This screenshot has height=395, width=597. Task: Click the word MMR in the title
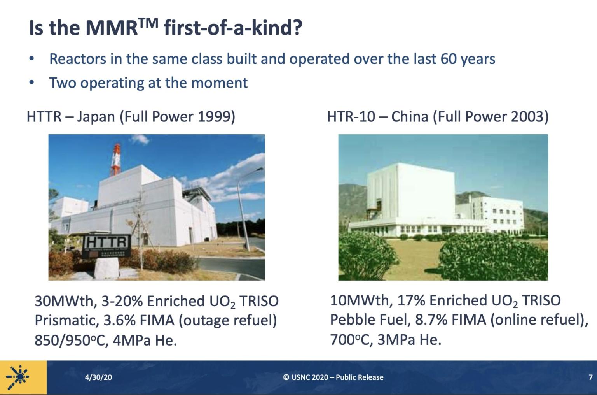click(111, 28)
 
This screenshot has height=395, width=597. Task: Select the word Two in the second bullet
click(62, 83)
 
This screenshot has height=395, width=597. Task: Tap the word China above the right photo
click(410, 116)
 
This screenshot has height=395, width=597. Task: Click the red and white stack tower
click(115, 160)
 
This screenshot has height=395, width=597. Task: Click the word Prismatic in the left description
click(66, 321)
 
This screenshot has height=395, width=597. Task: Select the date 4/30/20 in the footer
click(98, 377)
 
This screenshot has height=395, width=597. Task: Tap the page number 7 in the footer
click(590, 377)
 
